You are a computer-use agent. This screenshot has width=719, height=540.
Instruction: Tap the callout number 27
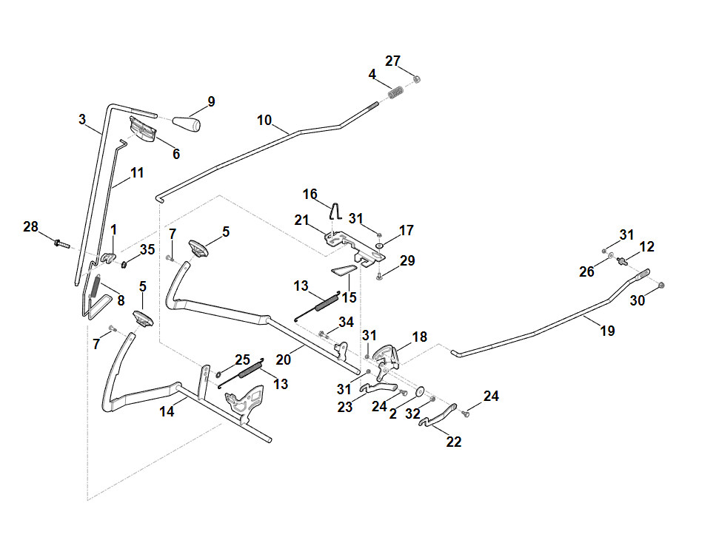[392, 61]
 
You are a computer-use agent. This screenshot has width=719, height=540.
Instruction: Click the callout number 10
[264, 119]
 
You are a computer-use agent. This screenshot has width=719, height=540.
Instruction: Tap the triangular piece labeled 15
[344, 271]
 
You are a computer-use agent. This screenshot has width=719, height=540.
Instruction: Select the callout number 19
[607, 331]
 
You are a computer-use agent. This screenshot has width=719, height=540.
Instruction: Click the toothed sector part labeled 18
[386, 359]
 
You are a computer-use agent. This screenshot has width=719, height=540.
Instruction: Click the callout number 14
[167, 412]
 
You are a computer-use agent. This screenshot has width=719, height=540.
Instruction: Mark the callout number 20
[283, 360]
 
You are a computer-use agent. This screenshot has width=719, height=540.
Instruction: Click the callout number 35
[147, 249]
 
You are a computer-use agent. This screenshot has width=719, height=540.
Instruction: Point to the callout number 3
[82, 119]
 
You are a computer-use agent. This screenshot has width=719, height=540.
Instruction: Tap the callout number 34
[346, 322]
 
